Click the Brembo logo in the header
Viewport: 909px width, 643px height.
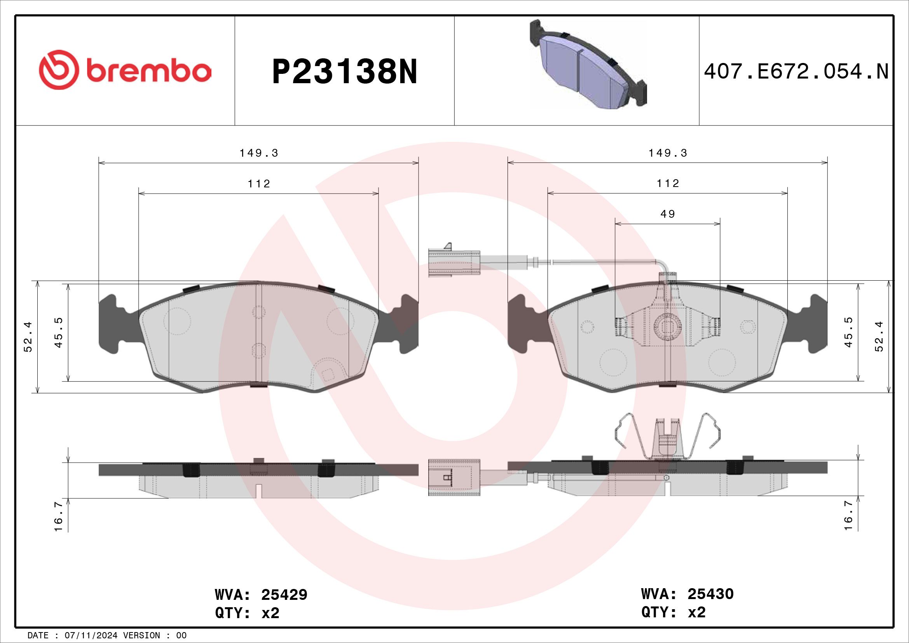(125, 70)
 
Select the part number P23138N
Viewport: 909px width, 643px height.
(345, 71)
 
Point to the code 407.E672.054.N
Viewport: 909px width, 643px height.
(796, 72)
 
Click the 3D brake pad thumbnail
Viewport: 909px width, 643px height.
(588, 64)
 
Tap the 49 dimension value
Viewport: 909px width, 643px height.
(668, 214)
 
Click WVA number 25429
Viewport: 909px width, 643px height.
(284, 595)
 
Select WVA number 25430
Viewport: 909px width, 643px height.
(711, 594)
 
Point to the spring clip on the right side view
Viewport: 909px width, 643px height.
(668, 437)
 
